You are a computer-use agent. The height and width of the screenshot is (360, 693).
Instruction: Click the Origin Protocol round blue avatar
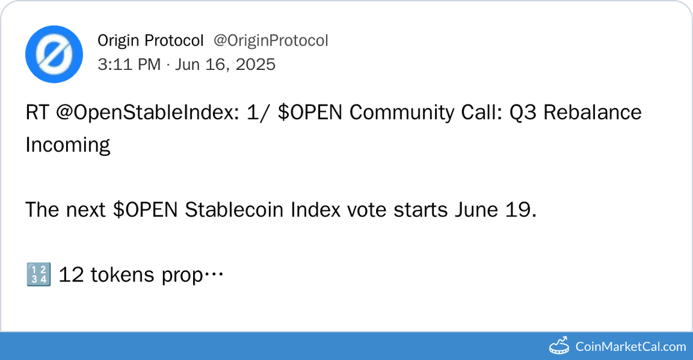[x=54, y=54]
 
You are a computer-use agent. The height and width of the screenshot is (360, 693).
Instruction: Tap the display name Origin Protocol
[x=150, y=40]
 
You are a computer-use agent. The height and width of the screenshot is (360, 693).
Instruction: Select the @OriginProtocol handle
[x=270, y=40]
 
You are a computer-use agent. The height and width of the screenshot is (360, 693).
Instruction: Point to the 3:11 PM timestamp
[x=129, y=64]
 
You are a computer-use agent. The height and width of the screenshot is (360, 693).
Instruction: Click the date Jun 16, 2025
[x=225, y=64]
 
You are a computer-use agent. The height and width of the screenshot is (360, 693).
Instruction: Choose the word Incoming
[x=67, y=145]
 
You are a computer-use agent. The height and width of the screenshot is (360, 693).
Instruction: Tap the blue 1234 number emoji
[x=37, y=275]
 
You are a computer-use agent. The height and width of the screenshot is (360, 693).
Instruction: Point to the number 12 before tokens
[x=71, y=275]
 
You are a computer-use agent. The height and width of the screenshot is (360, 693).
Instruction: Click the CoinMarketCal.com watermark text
[x=631, y=347]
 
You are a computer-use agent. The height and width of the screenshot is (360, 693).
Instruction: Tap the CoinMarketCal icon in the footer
[x=559, y=346]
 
